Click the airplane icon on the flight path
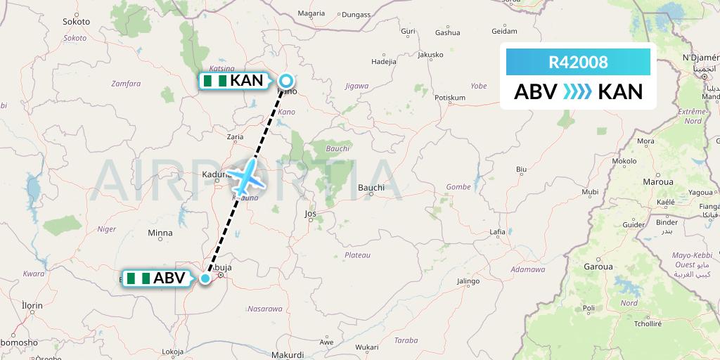pyautogui.click(x=245, y=177)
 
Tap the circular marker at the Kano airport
pyautogui.click(x=287, y=81)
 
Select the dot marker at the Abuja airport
pyautogui.click(x=205, y=278)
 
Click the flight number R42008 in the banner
pyautogui.click(x=578, y=62)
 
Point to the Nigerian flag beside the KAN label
pyautogui.click(x=215, y=81)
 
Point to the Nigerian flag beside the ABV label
pyautogui.click(x=138, y=278)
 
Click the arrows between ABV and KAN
pyautogui.click(x=578, y=92)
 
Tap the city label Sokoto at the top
pyautogui.click(x=76, y=22)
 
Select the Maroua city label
pyautogui.click(x=657, y=181)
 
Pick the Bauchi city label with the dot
pyautogui.click(x=371, y=188)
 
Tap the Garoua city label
pyautogui.click(x=598, y=267)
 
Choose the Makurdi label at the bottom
pyautogui.click(x=287, y=355)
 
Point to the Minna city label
pyautogui.click(x=160, y=233)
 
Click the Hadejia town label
pyautogui.click(x=384, y=61)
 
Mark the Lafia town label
pyautogui.click(x=497, y=232)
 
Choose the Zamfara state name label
pyautogui.click(x=126, y=84)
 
